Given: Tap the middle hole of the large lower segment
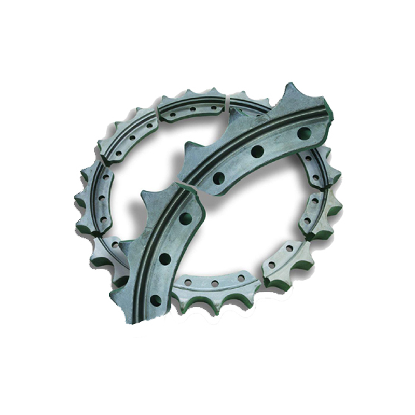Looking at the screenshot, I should (165, 258).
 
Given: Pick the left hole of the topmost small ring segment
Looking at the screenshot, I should (173, 112).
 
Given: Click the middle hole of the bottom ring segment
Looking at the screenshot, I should (214, 284).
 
